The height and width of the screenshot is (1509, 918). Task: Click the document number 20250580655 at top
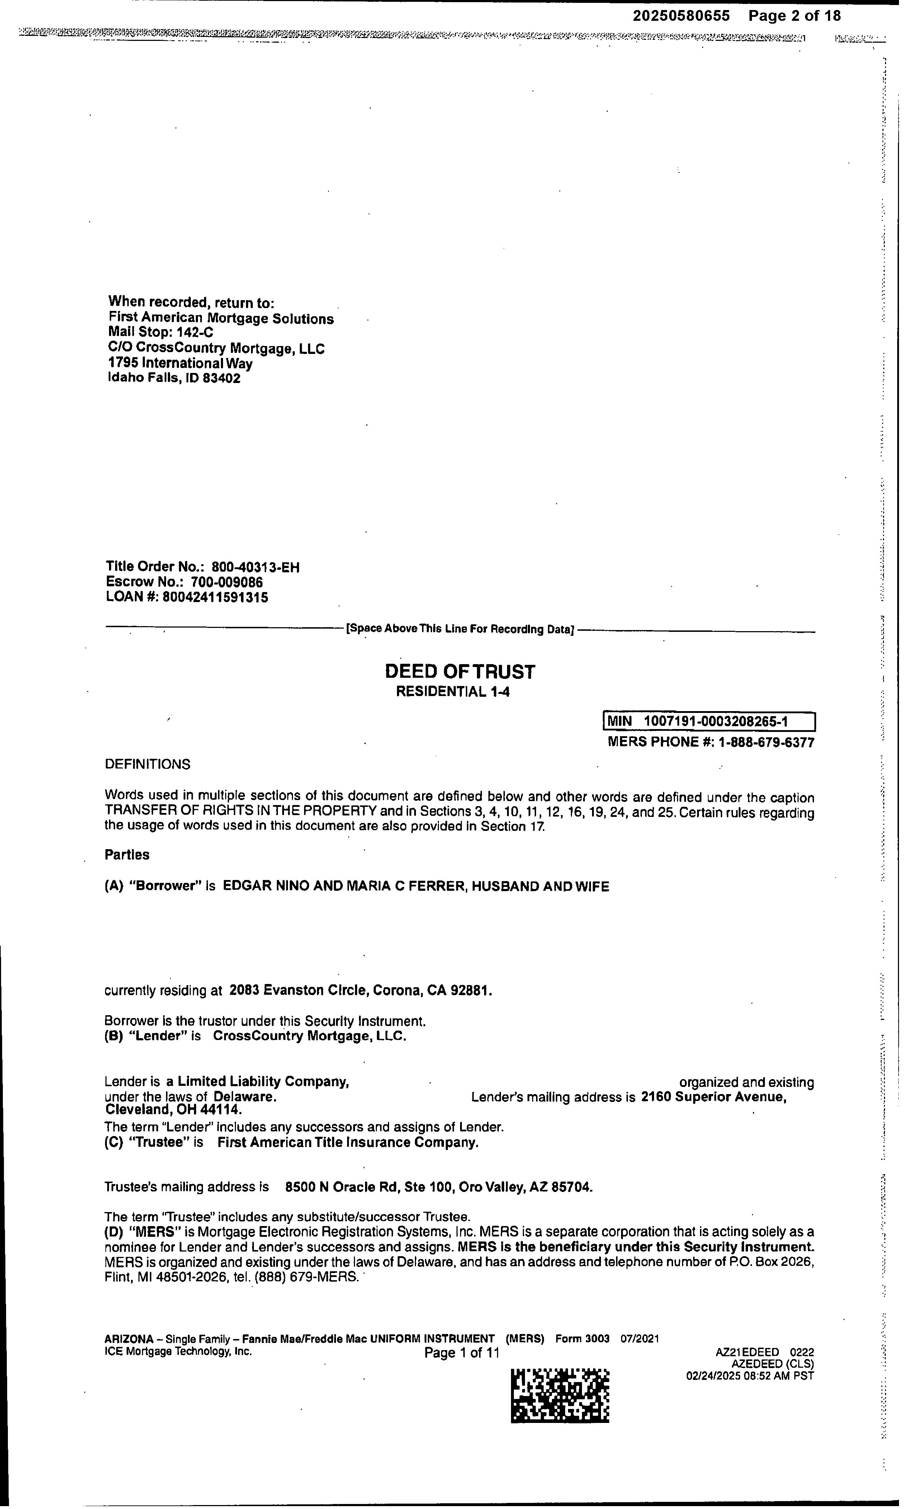click(681, 16)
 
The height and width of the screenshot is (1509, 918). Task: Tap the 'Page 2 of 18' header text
click(794, 16)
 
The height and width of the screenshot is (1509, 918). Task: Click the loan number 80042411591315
click(215, 597)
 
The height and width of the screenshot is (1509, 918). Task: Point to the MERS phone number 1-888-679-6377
click(766, 743)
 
